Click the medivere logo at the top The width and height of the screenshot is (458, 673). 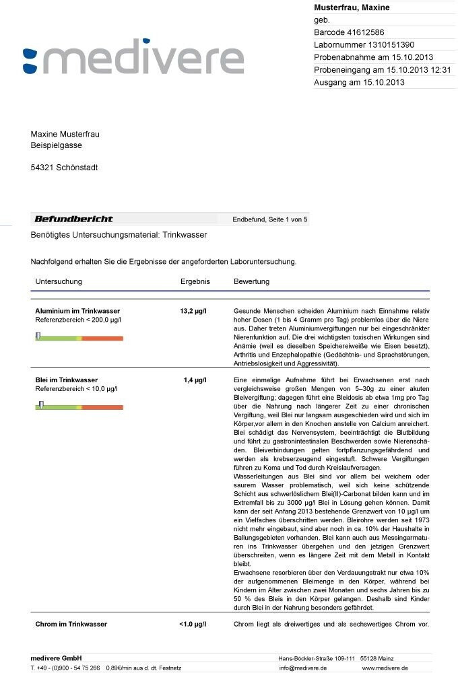pos(133,59)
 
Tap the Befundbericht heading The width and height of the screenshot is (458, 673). pos(74,219)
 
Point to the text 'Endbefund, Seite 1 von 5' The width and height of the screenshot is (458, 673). pos(270,219)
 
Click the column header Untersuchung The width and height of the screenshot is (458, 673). pos(59,281)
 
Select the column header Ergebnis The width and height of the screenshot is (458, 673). pos(195,281)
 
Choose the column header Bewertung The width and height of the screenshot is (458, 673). pos(251,281)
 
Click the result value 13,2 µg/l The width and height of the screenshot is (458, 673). pos(193,312)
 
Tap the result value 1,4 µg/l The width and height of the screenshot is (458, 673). pos(195,380)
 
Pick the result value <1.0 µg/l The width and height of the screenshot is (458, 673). pos(193,624)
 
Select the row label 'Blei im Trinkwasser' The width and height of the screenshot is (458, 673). pos(66,380)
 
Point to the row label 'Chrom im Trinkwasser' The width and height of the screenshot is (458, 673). pos(71,624)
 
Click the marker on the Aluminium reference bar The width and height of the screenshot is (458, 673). pos(38,336)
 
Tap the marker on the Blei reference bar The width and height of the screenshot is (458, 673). pos(41,405)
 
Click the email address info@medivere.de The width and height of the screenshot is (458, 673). pos(303,668)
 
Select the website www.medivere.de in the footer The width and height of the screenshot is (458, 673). pos(385,668)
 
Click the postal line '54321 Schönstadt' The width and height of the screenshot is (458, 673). pos(64,168)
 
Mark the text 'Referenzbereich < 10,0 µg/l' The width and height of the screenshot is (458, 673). pos(76,389)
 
